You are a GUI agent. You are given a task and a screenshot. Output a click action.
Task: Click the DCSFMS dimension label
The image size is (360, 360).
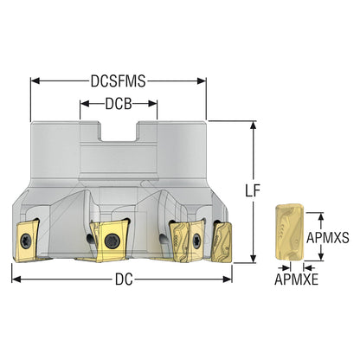(119, 81)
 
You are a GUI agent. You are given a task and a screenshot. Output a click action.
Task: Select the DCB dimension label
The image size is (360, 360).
(119, 104)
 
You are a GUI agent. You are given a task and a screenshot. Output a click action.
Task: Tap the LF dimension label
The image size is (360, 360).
(253, 190)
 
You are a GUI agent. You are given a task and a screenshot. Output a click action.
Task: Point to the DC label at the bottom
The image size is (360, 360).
(124, 280)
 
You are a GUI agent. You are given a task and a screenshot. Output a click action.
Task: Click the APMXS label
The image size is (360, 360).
(327, 238)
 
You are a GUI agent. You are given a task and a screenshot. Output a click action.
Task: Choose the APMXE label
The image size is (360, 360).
(296, 280)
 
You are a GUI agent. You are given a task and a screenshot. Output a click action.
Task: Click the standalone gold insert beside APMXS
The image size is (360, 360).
(289, 232)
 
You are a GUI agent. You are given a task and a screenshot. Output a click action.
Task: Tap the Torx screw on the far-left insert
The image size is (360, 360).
(26, 241)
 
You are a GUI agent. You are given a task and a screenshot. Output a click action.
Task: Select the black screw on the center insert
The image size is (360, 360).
(112, 241)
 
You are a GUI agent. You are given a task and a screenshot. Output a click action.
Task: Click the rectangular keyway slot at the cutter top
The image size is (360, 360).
(119, 132)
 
